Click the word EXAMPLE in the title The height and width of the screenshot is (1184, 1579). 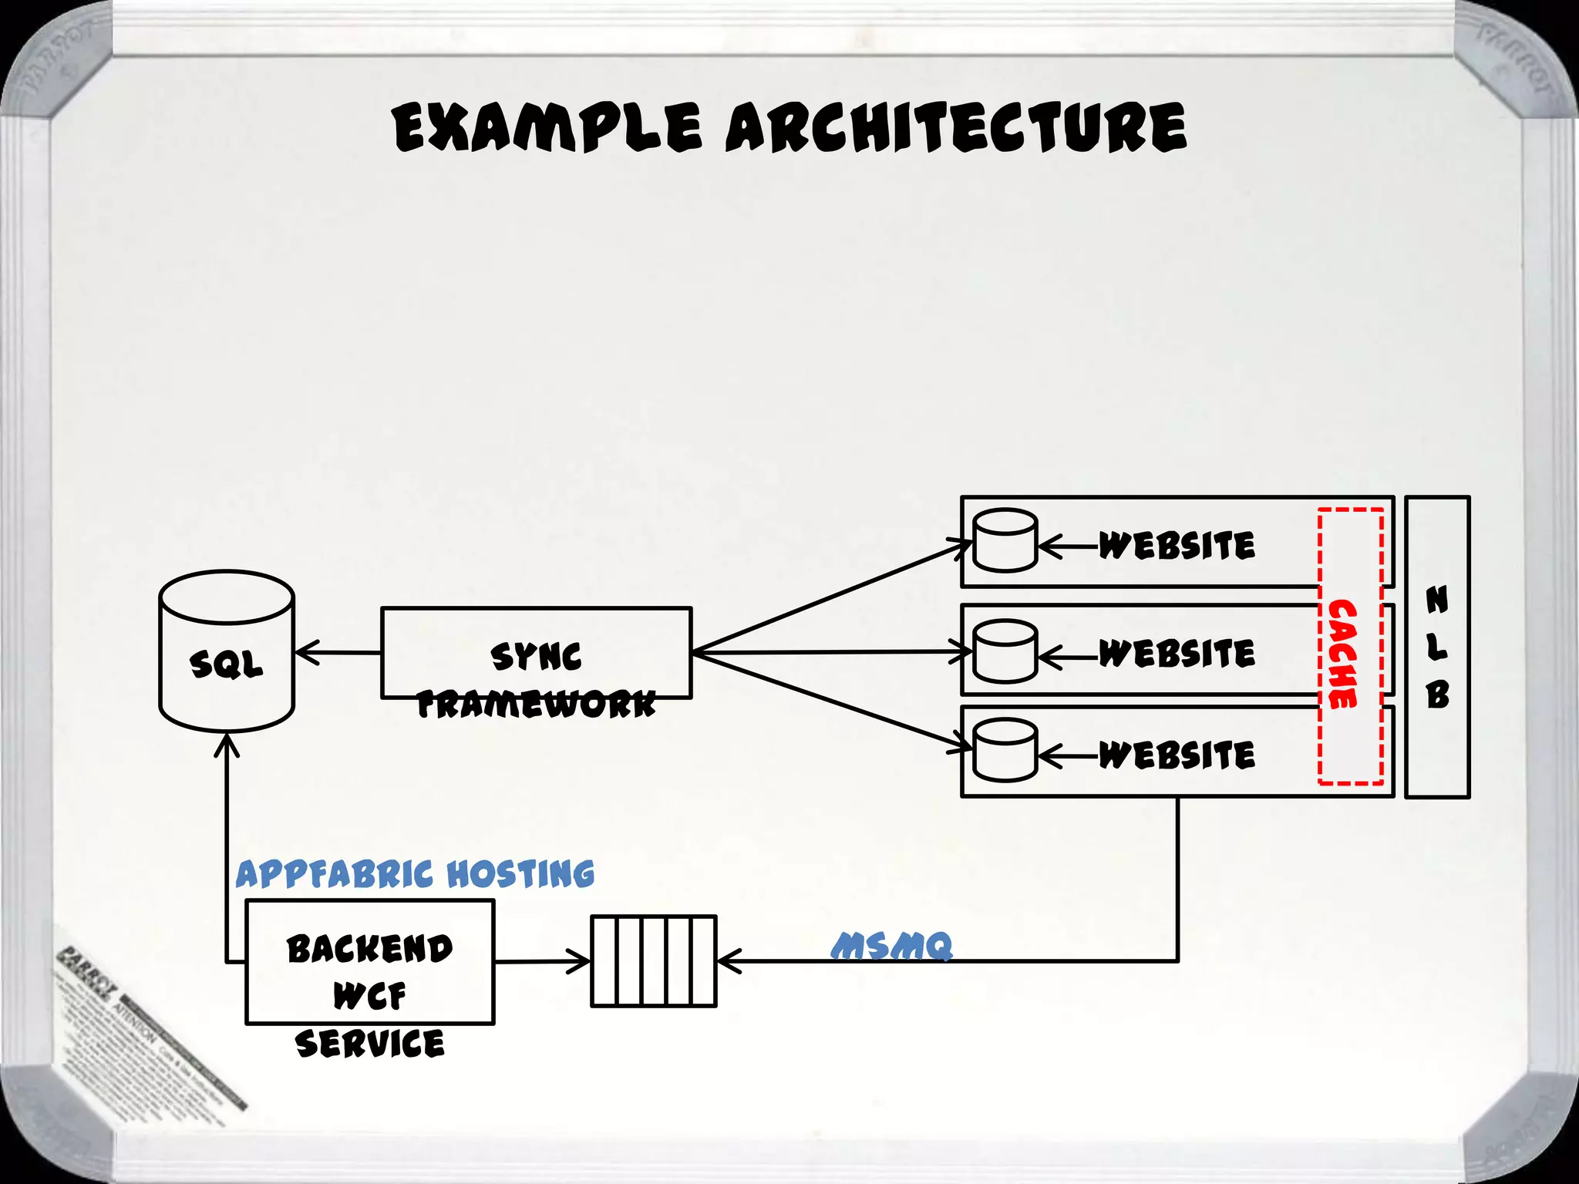pos(547,127)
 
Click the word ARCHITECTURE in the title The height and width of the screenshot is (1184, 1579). pos(956,127)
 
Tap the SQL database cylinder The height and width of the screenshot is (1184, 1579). pos(226,651)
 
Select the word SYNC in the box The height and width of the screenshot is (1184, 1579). pos(536,656)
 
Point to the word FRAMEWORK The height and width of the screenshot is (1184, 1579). pos(536,704)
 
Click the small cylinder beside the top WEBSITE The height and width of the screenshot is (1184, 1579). pos(1005,540)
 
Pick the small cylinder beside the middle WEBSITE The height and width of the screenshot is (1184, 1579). pos(1005,651)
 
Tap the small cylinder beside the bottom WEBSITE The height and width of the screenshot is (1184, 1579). pos(1005,750)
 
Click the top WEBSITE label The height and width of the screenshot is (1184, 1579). pos(1177,546)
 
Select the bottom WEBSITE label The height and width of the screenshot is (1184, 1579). pos(1177,755)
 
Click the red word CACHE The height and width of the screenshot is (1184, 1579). pos(1342,654)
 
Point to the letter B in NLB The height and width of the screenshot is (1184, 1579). pos(1437,695)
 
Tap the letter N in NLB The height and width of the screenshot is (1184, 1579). pos(1437,600)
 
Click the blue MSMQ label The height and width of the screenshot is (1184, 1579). pos(892,946)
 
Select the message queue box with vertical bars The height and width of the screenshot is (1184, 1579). pos(653,961)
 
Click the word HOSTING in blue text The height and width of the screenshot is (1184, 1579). pos(520,874)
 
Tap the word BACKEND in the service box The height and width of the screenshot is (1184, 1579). pos(369,949)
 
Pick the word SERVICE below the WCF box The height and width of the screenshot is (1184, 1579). pos(369,1044)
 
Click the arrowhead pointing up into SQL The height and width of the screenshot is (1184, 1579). pos(226,745)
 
